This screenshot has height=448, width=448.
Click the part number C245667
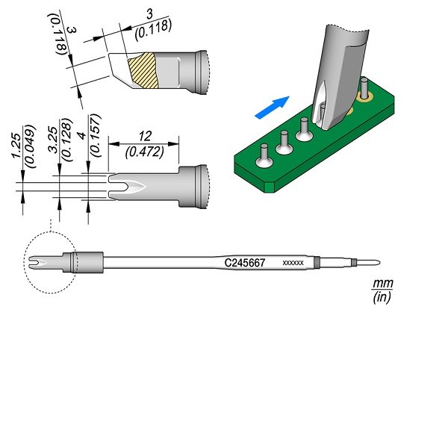(x=245, y=263)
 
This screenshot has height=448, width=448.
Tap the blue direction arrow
(x=272, y=107)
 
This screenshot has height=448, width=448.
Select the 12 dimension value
(x=145, y=137)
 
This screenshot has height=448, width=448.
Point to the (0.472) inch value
(x=145, y=152)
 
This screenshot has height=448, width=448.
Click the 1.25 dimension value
(x=16, y=146)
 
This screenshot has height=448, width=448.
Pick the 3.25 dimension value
(x=53, y=140)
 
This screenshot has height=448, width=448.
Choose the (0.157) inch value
(x=96, y=135)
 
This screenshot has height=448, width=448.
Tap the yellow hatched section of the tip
(x=143, y=70)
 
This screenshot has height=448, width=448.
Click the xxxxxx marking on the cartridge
(x=293, y=263)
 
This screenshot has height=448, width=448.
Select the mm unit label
(x=383, y=284)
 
